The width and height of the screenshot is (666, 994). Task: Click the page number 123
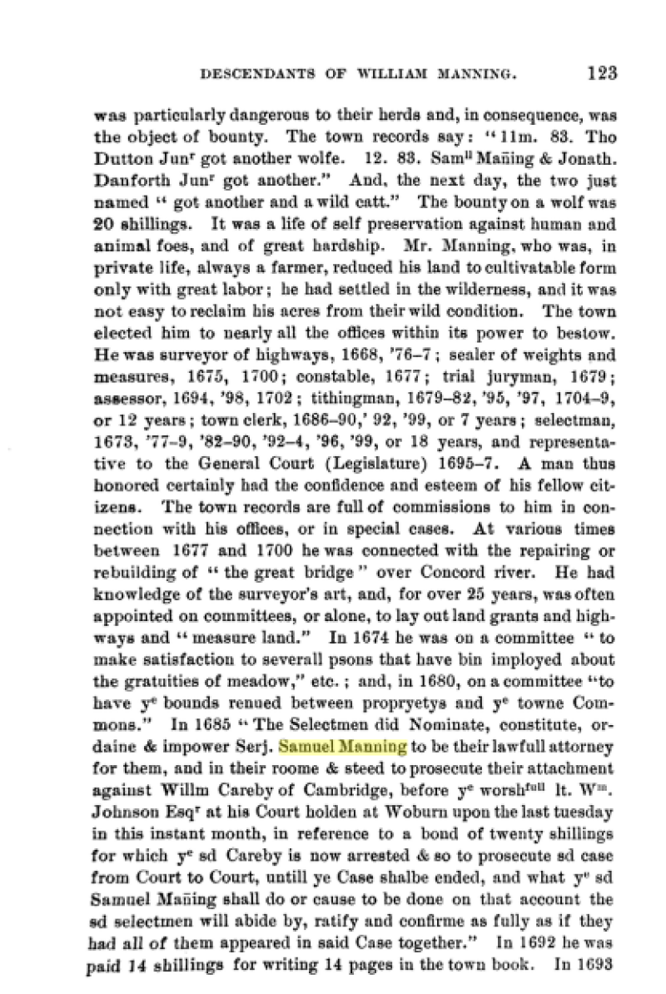pyautogui.click(x=601, y=72)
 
